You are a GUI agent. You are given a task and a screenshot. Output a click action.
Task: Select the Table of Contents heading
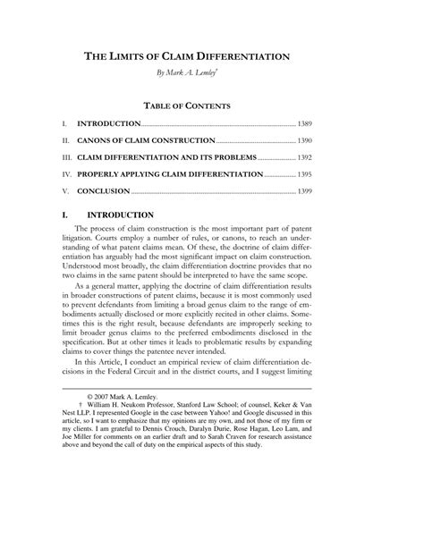coord(211,105)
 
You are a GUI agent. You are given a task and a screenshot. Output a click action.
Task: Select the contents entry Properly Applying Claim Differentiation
coord(170,174)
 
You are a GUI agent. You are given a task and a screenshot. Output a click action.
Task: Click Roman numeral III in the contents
coord(65,157)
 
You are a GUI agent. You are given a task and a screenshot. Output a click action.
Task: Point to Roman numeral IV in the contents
coord(64,174)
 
